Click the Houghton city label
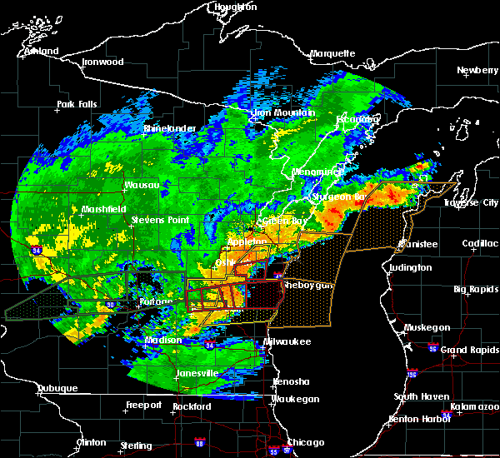(236, 7)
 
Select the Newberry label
(477, 71)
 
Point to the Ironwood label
(102, 62)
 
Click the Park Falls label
(77, 105)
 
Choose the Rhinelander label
(169, 128)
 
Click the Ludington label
(410, 267)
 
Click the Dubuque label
(57, 389)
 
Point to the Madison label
(163, 340)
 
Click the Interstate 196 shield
(412, 374)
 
